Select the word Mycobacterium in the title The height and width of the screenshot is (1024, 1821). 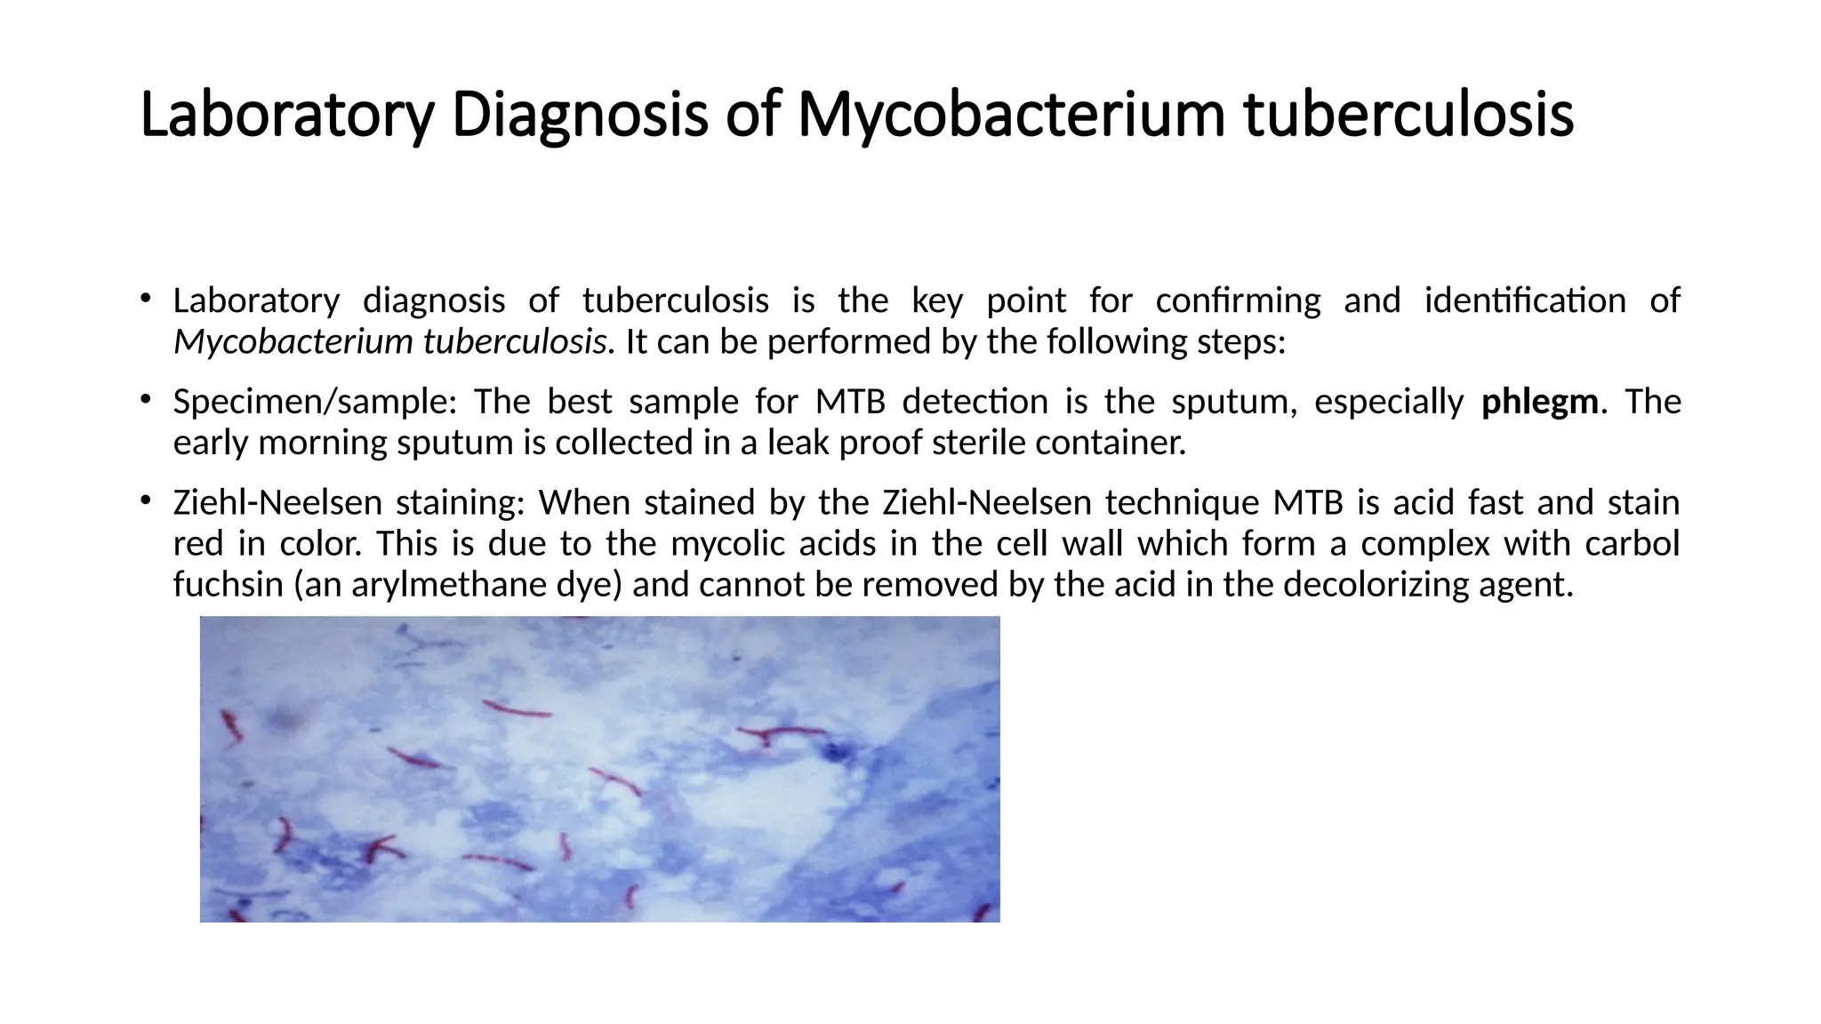(x=1011, y=115)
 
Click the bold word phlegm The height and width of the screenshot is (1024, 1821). (x=1540, y=402)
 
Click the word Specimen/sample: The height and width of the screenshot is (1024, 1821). (x=315, y=402)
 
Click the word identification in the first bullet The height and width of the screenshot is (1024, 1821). (x=1525, y=300)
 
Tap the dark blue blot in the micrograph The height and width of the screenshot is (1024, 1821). (x=836, y=753)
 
